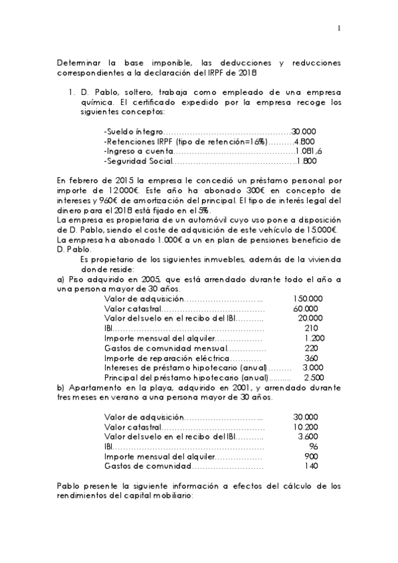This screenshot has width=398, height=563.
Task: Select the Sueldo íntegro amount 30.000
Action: [x=304, y=131]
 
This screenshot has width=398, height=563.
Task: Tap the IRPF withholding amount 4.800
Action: [x=304, y=141]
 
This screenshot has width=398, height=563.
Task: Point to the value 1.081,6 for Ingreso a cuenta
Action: [x=308, y=151]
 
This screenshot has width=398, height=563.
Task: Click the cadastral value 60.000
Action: [x=306, y=309]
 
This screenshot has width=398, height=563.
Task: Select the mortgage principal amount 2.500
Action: [x=310, y=377]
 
